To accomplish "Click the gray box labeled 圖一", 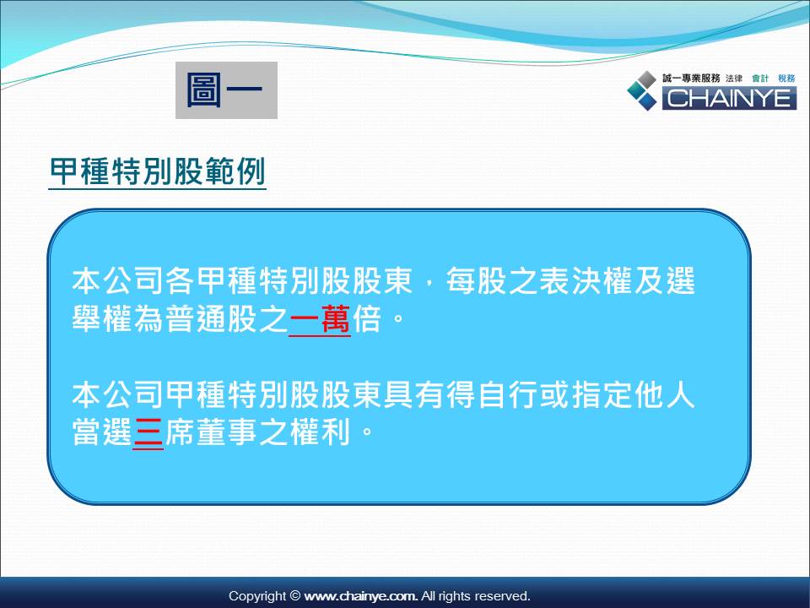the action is click(226, 90).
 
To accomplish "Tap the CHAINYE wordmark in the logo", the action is click(729, 98).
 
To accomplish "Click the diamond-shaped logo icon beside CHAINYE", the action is click(642, 90).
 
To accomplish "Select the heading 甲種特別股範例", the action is click(158, 171).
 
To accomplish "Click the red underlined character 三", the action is click(148, 432).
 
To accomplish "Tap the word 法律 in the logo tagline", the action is click(733, 78).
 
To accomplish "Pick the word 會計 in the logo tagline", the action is click(760, 78).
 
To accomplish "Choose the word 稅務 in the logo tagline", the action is click(786, 78).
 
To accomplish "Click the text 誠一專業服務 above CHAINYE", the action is click(691, 78).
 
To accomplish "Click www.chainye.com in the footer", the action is click(360, 596).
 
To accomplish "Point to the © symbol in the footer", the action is click(295, 595).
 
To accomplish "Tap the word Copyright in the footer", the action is click(257, 597).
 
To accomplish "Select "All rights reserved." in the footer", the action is click(475, 596).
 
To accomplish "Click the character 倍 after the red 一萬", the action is click(367, 318).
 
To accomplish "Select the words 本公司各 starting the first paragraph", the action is click(133, 280).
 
